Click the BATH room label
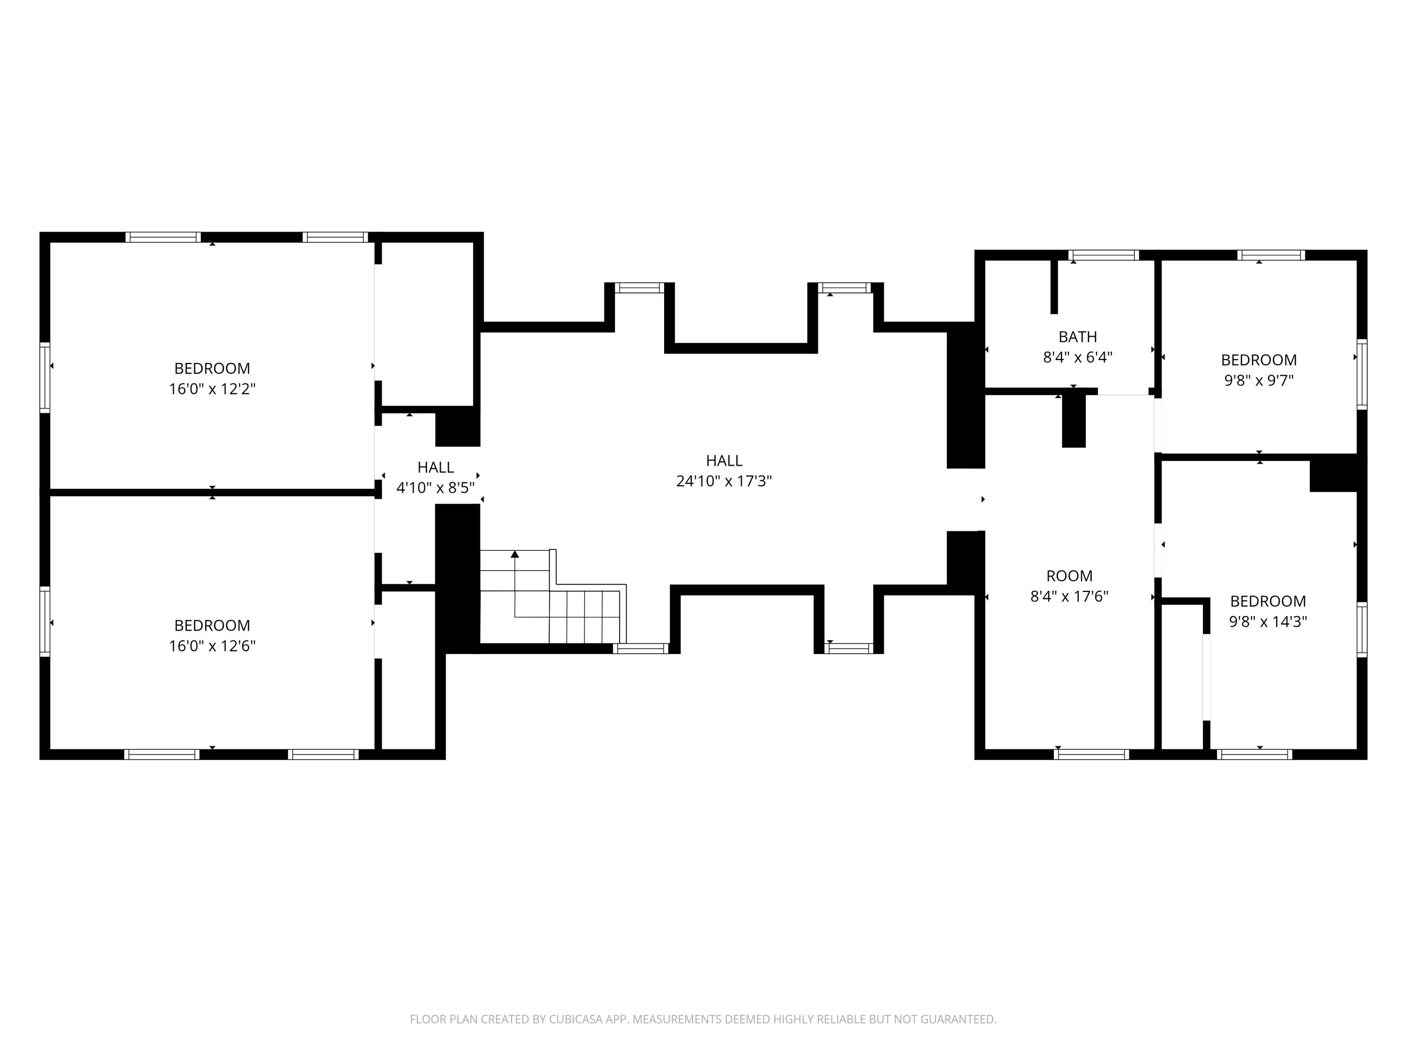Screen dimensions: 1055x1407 (x=1077, y=336)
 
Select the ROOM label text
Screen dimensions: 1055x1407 (x=1069, y=575)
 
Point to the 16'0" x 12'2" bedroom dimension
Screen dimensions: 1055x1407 (x=212, y=389)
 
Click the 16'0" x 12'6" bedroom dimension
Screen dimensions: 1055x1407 (x=212, y=646)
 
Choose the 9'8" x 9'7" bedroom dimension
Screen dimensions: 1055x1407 (x=1259, y=381)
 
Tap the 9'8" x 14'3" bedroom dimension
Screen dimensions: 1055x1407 (x=1268, y=622)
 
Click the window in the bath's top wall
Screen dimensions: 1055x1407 (x=1104, y=255)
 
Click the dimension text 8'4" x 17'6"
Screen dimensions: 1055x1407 (x=1069, y=596)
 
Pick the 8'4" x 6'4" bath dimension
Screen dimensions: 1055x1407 (x=1077, y=357)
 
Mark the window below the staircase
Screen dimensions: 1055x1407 (x=641, y=648)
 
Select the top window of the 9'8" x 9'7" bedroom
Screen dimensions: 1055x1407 (x=1271, y=255)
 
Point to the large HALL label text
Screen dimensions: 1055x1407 (x=724, y=460)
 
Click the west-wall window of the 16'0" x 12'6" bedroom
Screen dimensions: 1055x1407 (x=45, y=621)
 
